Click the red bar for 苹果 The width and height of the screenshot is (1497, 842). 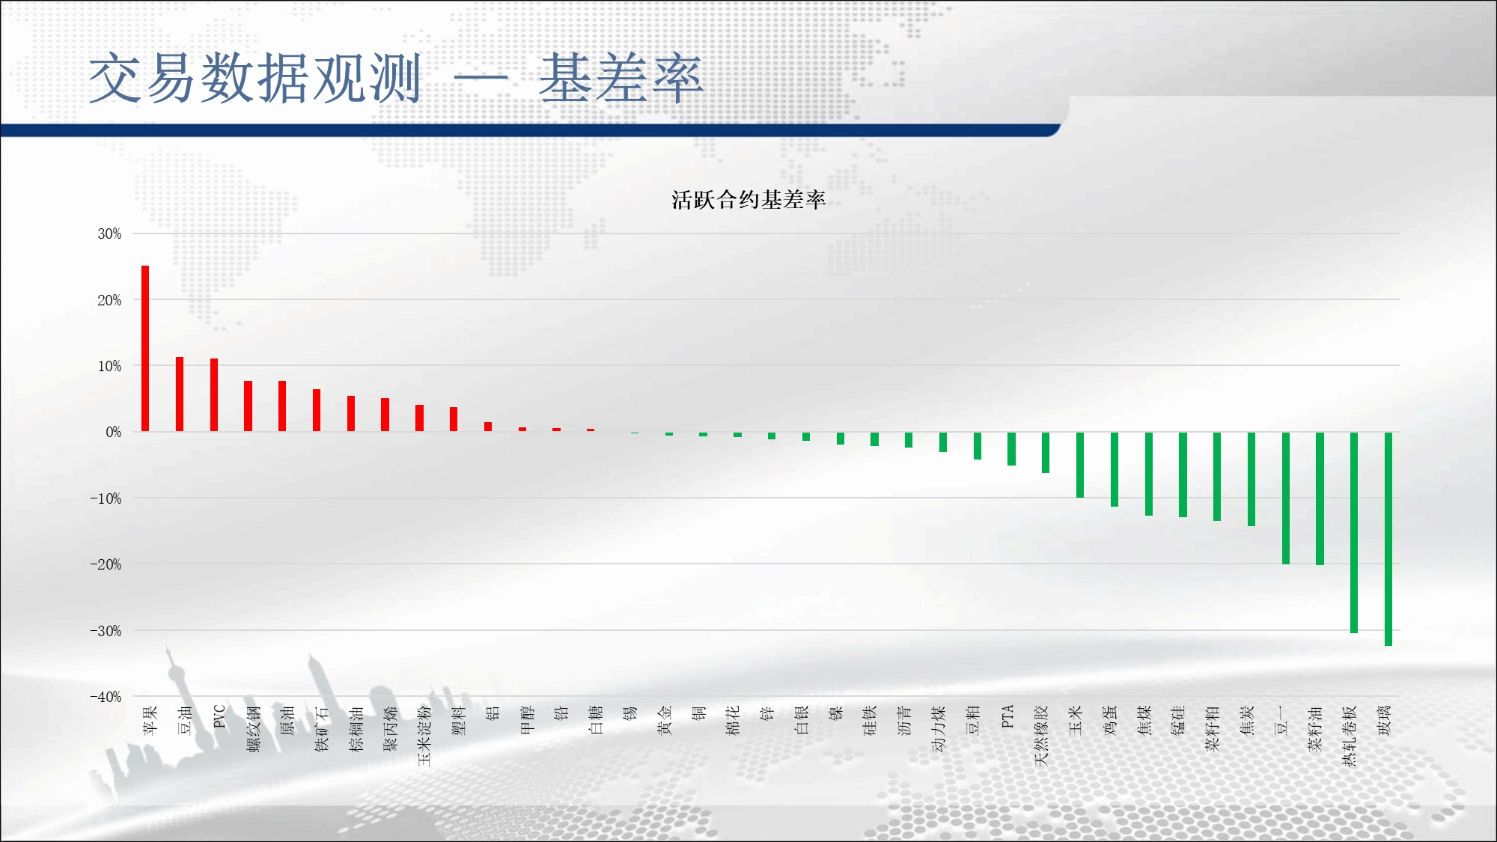145,349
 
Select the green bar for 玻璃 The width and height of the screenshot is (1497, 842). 1388,539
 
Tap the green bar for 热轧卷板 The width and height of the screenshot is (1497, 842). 1354,533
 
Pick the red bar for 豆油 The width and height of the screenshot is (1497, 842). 180,394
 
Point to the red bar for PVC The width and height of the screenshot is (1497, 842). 214,395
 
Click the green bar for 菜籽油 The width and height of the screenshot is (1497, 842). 1320,498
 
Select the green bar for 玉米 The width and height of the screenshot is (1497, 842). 1080,465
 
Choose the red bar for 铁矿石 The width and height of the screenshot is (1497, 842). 317,410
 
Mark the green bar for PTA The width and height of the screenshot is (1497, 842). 1011,449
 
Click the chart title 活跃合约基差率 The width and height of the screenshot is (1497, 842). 748,200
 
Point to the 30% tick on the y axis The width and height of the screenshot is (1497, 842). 109,234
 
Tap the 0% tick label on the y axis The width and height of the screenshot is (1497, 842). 113,432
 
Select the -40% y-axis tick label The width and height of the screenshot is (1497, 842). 106,697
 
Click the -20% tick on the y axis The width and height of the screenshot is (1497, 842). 106,564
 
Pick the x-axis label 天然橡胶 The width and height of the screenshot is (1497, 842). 1041,736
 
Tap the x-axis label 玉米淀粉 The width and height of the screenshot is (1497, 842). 424,736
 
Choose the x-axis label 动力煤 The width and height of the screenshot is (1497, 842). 939,728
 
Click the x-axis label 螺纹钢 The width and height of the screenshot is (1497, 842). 253,728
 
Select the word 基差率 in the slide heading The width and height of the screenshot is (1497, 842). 621,78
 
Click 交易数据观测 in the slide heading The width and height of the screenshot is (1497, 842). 255,78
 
